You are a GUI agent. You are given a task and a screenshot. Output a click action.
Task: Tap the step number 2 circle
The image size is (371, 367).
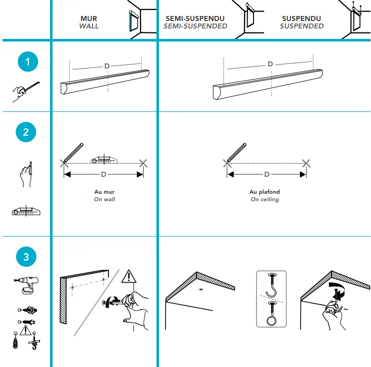click(26, 132)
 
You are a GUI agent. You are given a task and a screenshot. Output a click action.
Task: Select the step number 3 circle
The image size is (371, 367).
click(26, 257)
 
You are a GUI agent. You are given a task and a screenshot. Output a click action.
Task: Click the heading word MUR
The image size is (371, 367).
click(88, 18)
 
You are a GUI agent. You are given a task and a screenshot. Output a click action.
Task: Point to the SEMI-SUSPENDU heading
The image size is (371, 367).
click(195, 18)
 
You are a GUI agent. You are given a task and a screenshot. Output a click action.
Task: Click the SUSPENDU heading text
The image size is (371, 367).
click(301, 18)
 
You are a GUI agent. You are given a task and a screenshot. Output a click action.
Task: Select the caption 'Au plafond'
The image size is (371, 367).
click(264, 192)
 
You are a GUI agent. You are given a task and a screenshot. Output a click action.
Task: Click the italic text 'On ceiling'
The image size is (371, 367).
click(264, 199)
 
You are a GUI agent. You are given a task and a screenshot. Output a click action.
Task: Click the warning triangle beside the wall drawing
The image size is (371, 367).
click(129, 276)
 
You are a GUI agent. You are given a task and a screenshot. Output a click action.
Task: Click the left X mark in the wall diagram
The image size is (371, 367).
click(63, 163)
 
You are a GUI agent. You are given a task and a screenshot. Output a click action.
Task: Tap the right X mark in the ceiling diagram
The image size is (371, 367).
click(306, 163)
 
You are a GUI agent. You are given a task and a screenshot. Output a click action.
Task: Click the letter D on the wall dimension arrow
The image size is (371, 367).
click(103, 174)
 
